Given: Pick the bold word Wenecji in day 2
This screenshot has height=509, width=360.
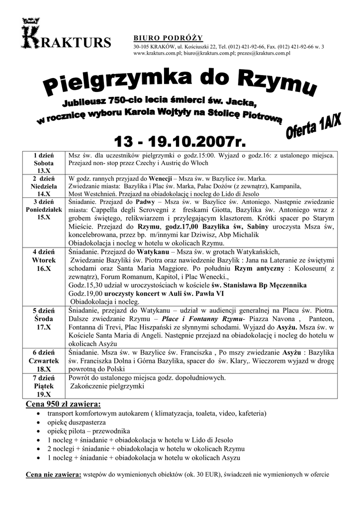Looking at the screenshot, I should pyautogui.click(x=159, y=178).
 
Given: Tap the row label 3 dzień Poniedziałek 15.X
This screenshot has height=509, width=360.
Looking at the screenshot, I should pyautogui.click(x=44, y=209).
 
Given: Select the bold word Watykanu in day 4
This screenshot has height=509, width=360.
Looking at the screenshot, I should pyautogui.click(x=151, y=252).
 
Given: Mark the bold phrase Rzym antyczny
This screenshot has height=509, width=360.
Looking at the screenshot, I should pyautogui.click(x=258, y=268).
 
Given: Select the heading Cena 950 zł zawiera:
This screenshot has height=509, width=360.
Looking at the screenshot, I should pyautogui.click(x=63, y=403).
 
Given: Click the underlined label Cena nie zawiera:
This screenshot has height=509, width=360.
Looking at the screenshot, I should pyautogui.click(x=54, y=475).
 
